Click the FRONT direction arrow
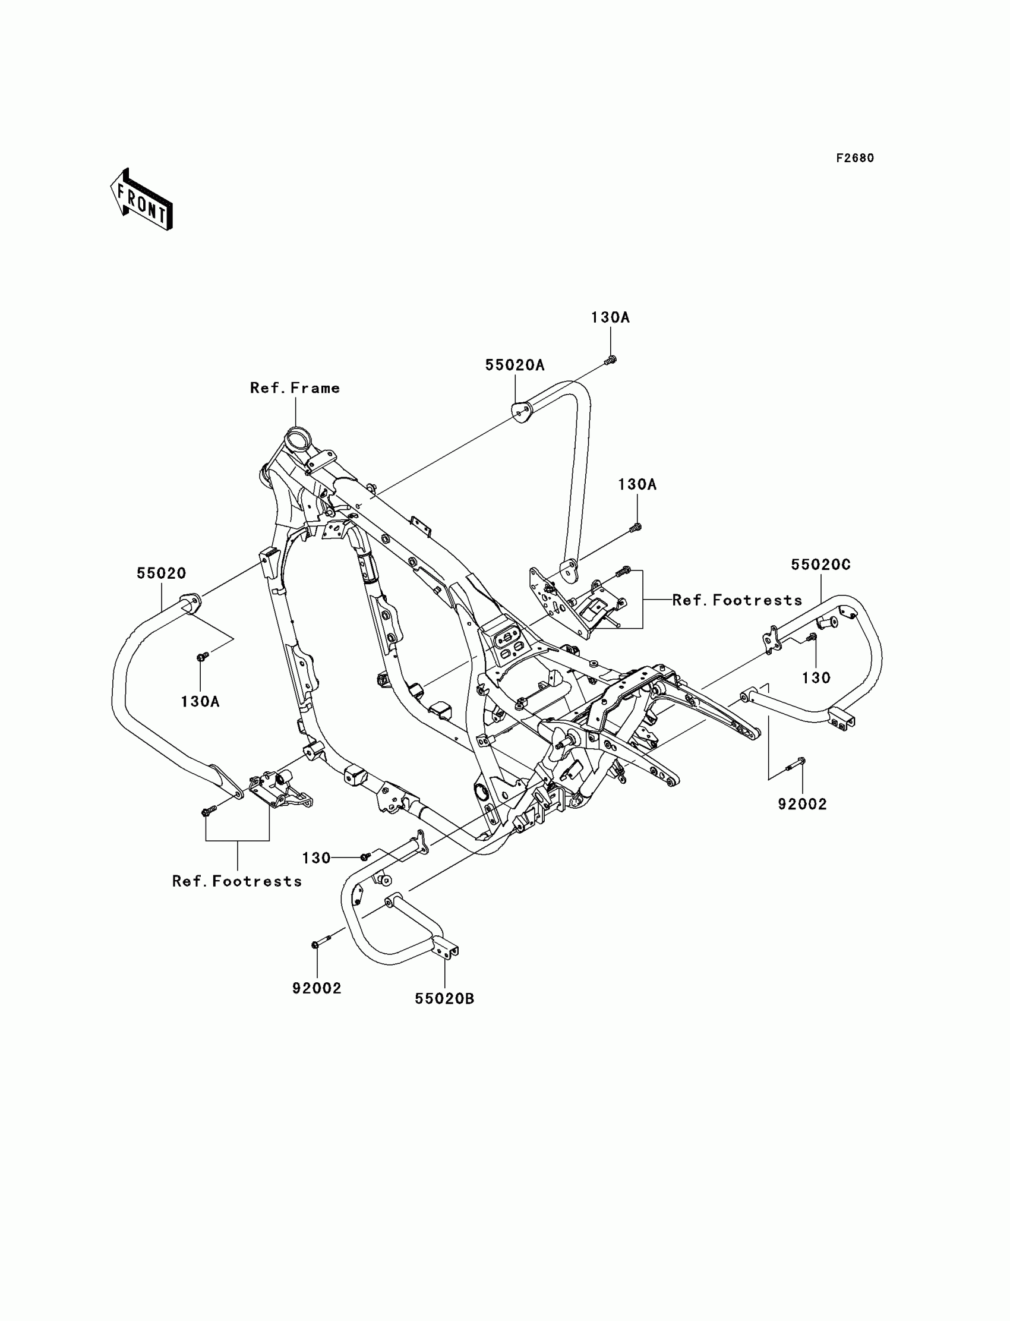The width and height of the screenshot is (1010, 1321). (142, 200)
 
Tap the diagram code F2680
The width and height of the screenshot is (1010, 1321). (855, 158)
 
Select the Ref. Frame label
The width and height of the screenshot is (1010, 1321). (295, 388)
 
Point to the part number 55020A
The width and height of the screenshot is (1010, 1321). (515, 365)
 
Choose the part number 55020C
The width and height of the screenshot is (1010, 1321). (820, 565)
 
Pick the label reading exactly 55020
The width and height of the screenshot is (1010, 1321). (161, 573)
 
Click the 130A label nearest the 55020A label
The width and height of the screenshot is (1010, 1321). (610, 317)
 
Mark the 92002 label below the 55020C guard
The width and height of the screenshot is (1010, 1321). (803, 804)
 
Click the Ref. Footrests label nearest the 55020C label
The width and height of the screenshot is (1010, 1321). (737, 600)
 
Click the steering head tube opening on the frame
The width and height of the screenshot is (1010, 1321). (297, 437)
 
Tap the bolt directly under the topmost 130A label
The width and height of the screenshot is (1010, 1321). (610, 360)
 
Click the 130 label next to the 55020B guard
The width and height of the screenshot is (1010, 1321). (316, 858)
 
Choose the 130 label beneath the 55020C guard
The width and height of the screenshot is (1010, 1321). (816, 677)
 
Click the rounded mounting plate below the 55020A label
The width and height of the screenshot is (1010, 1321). (520, 411)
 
